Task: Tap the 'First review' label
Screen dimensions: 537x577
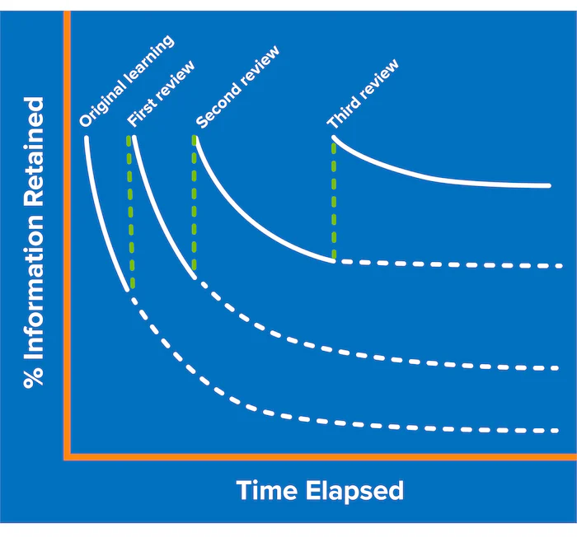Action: [x=162, y=93]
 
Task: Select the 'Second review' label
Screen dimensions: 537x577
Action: [x=237, y=87]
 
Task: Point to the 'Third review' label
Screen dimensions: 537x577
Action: [x=363, y=93]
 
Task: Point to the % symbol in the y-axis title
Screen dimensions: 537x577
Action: [x=34, y=376]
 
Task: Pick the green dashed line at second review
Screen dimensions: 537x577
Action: [x=195, y=203]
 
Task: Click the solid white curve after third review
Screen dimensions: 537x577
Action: [x=437, y=177]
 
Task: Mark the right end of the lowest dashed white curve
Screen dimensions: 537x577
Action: [x=558, y=430]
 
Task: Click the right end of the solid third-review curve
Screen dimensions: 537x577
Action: [x=549, y=186]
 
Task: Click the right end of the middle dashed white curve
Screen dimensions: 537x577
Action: [x=558, y=367]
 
